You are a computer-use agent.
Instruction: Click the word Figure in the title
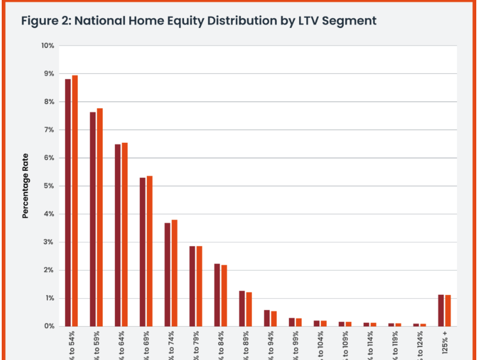[x=41, y=21]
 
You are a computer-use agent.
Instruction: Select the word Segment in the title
[x=348, y=21]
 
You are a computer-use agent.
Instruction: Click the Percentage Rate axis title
[x=25, y=186]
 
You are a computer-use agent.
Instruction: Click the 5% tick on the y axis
[x=49, y=186]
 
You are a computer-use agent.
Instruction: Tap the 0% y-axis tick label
[x=49, y=326]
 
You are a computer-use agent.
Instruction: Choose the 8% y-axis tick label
[x=49, y=102]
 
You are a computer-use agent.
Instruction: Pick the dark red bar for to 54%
[x=68, y=203]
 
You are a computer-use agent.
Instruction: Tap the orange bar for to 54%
[x=75, y=201]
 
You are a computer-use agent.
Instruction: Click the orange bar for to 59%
[x=100, y=217]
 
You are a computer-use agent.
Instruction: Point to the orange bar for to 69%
[x=150, y=251]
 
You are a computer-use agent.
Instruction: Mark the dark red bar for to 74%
[x=167, y=274]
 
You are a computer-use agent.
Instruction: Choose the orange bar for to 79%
[x=199, y=286]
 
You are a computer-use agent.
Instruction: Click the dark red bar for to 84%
[x=217, y=295]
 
